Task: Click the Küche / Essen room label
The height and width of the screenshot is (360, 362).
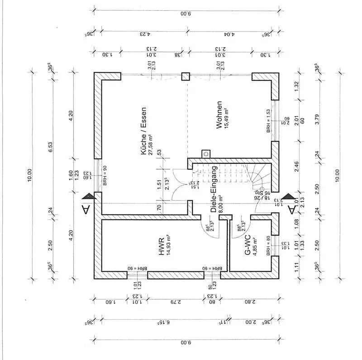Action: click(143, 132)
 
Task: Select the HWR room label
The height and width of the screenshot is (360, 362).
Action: click(162, 247)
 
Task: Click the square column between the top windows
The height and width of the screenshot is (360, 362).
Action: click(186, 76)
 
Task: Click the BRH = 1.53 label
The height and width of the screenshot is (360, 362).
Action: click(268, 120)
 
